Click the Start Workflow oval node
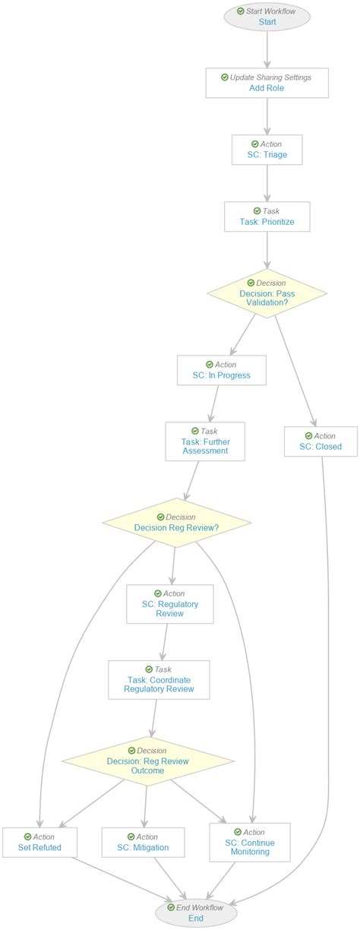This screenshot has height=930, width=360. [267, 17]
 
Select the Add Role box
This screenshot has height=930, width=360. [267, 83]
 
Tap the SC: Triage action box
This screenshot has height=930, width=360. [267, 150]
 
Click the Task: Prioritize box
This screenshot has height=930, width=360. [267, 217]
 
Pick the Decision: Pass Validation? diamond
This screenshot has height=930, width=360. [267, 293]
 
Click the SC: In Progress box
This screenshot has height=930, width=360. [221, 370]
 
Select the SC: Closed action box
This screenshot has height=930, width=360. [321, 441]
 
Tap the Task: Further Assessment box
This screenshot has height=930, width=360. [205, 441]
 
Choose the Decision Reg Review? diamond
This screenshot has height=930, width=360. [176, 523]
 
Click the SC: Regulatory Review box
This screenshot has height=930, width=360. [170, 604]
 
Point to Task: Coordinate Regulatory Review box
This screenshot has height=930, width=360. [159, 680]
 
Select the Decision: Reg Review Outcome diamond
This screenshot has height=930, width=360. [147, 761]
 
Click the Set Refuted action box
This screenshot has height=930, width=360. [39, 843]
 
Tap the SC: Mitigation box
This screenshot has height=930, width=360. [144, 843]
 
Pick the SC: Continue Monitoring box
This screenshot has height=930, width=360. [250, 843]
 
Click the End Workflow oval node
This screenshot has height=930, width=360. [195, 913]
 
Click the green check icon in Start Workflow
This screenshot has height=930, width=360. [241, 11]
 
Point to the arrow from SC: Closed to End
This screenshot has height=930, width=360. [328, 684]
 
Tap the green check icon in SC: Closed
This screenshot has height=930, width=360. [308, 436]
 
